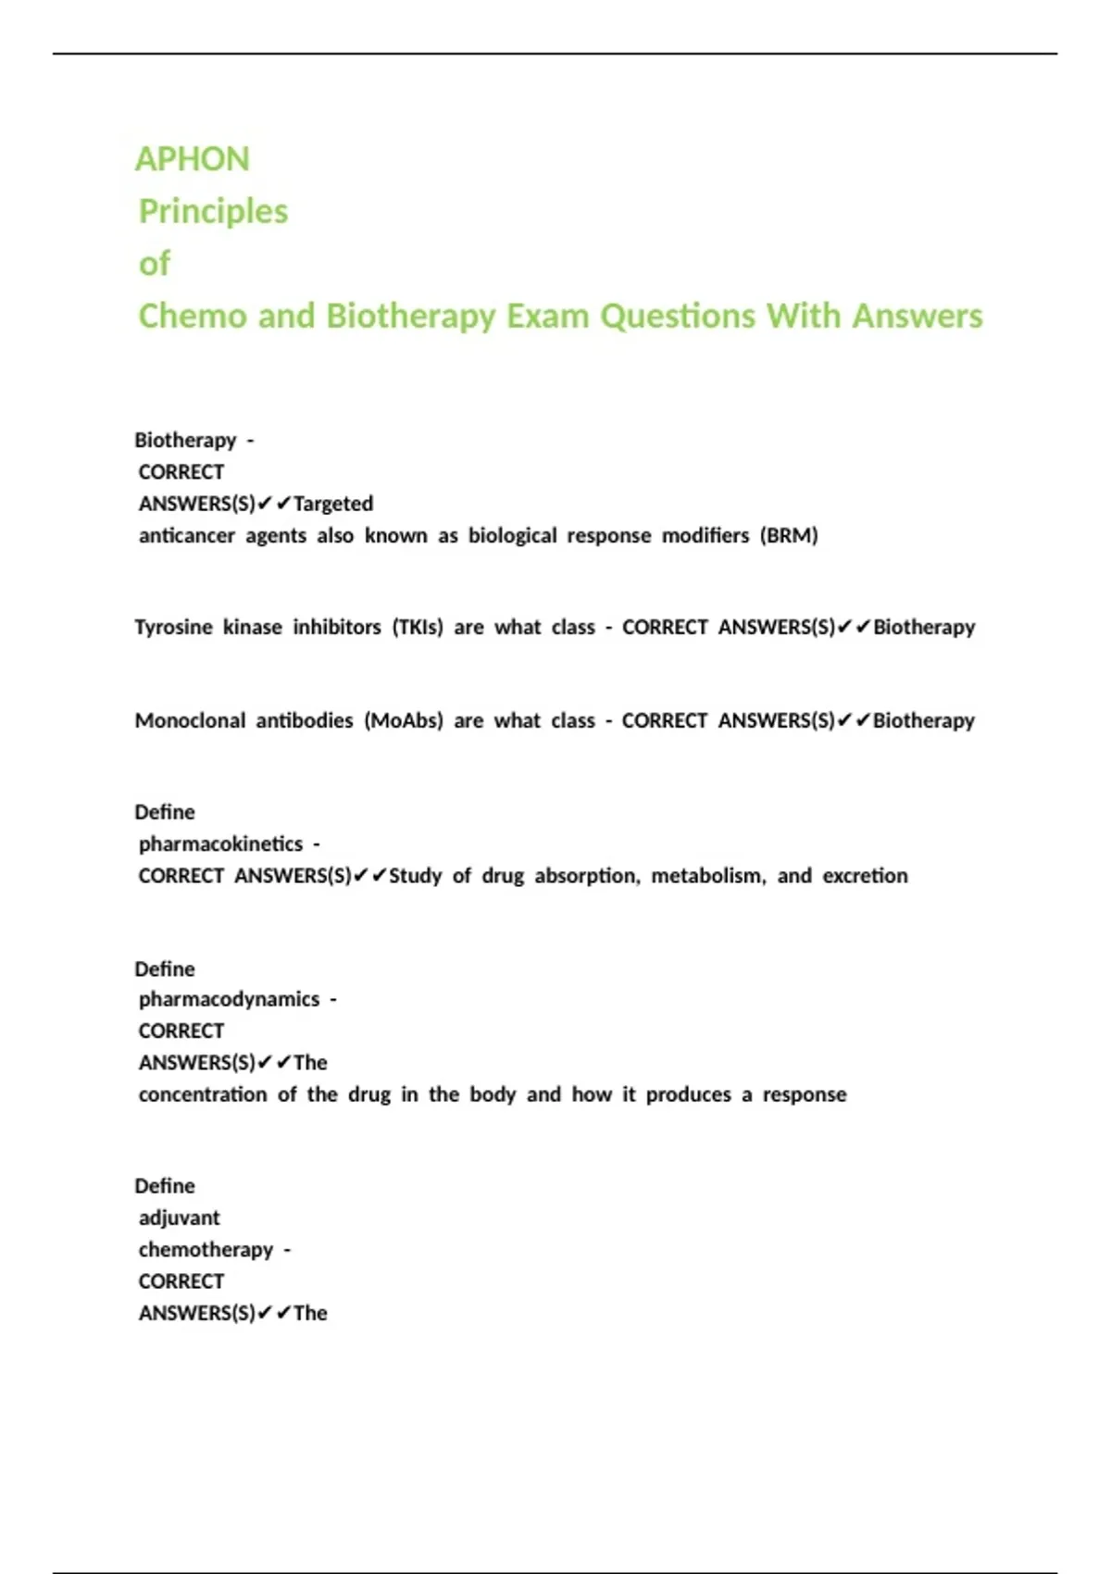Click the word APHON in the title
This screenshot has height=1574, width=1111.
(x=193, y=159)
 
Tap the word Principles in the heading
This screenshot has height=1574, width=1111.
(x=213, y=211)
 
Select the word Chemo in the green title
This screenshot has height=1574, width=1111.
(x=193, y=316)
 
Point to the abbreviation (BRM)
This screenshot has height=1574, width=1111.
(x=789, y=536)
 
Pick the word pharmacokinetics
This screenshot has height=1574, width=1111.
(x=220, y=844)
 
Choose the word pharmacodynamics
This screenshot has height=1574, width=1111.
(x=229, y=1000)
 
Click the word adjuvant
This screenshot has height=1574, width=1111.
(x=179, y=1218)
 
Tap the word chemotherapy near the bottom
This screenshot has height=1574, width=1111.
(x=206, y=1250)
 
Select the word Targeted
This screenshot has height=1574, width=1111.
(x=333, y=505)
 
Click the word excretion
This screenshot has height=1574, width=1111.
(x=865, y=876)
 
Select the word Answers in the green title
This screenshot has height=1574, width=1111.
(x=917, y=316)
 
